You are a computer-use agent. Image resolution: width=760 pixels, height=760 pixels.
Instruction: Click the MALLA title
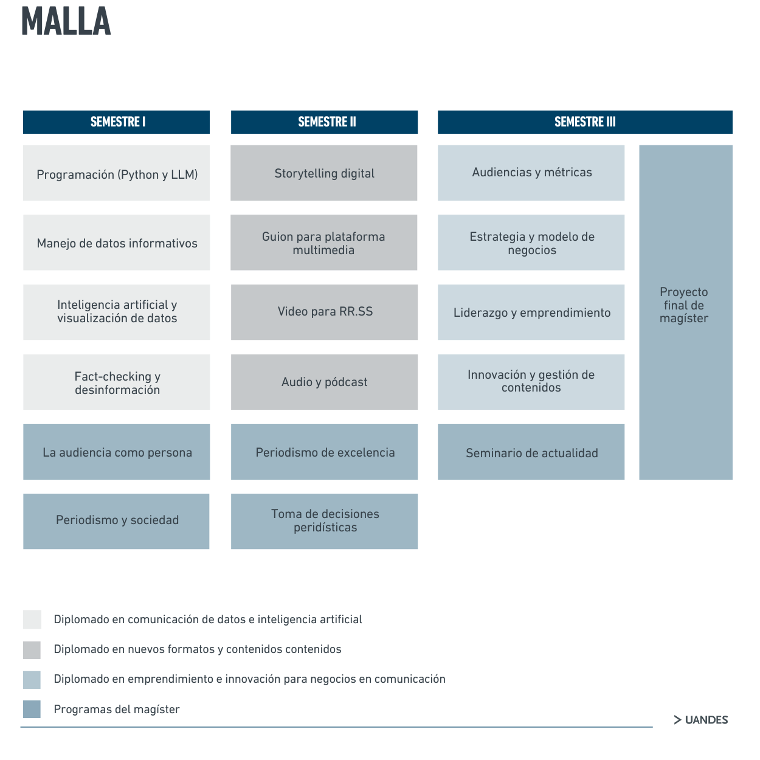66,21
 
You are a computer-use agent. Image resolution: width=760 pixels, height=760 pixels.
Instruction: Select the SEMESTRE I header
116,122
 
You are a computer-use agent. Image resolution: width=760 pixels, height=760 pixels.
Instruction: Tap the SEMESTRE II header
324,122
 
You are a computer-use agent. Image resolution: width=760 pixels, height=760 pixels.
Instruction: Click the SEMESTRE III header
585,122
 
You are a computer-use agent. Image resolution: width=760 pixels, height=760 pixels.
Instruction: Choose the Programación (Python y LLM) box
116,173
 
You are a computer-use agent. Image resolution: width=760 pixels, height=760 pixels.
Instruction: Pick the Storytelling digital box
324,173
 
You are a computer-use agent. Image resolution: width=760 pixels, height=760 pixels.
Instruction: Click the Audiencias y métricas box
531,173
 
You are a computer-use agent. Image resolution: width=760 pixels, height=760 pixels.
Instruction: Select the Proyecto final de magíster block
686,313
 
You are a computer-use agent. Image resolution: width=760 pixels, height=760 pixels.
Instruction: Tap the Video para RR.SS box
324,312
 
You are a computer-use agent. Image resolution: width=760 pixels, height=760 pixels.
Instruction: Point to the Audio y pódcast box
324,382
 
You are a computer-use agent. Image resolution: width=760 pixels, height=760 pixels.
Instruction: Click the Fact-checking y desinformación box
116,382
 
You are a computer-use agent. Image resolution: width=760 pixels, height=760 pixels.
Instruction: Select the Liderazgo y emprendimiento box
531,312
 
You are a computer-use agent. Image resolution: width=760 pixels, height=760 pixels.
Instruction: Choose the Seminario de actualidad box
531,452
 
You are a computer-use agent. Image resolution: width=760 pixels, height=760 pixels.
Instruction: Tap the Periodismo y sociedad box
116,522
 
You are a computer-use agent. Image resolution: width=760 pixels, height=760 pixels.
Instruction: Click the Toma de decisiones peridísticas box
324,522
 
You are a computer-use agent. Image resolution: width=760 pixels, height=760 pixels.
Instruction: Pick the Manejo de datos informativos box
116,242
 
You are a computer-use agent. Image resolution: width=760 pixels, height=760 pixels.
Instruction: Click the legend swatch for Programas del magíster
32,709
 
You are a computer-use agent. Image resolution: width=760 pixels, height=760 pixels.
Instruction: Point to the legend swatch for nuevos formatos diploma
32,650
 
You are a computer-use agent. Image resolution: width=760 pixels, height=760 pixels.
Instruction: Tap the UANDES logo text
701,720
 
